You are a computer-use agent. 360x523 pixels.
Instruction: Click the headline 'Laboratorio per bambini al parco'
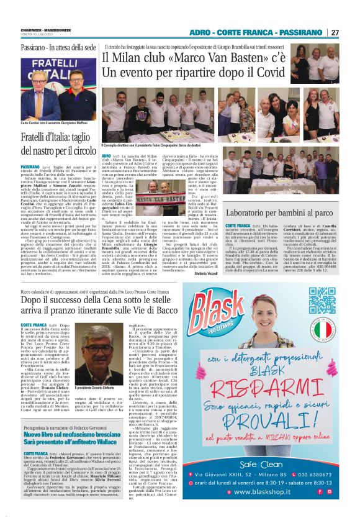(x=279, y=214)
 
